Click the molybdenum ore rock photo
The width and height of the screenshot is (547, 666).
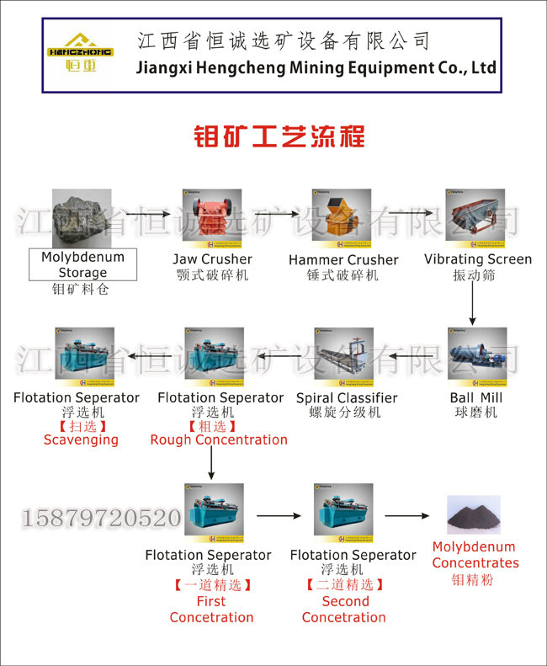[82, 218]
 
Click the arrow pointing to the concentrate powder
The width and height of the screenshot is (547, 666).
[407, 515]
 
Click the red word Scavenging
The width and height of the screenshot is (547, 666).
[81, 440]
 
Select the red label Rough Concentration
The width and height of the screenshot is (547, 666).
[219, 440]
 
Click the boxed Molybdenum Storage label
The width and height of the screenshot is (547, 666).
[82, 264]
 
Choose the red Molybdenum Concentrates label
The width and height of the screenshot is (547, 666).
[475, 555]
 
